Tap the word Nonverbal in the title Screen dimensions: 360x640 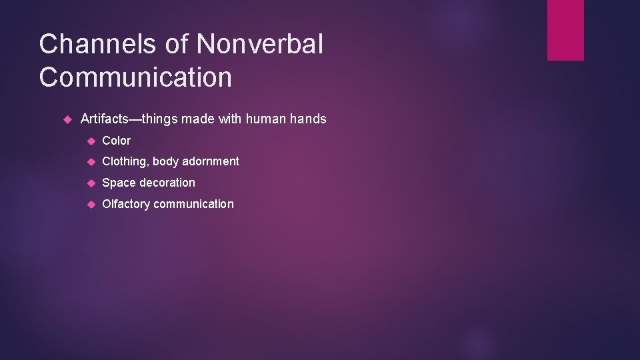(259, 45)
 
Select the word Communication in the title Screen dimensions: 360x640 (135, 77)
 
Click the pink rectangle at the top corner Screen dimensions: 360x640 (565, 30)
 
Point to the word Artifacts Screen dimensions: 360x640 (104, 119)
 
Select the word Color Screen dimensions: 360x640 (117, 141)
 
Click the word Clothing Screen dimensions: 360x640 (125, 161)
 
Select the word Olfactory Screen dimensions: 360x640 (126, 204)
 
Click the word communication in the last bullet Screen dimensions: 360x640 (193, 204)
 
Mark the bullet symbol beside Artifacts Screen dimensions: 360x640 (67, 120)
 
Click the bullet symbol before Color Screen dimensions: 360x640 (91, 141)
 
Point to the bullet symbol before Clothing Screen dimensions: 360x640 (91, 162)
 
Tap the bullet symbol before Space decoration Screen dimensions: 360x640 (91, 183)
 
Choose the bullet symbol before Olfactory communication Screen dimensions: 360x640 (91, 205)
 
